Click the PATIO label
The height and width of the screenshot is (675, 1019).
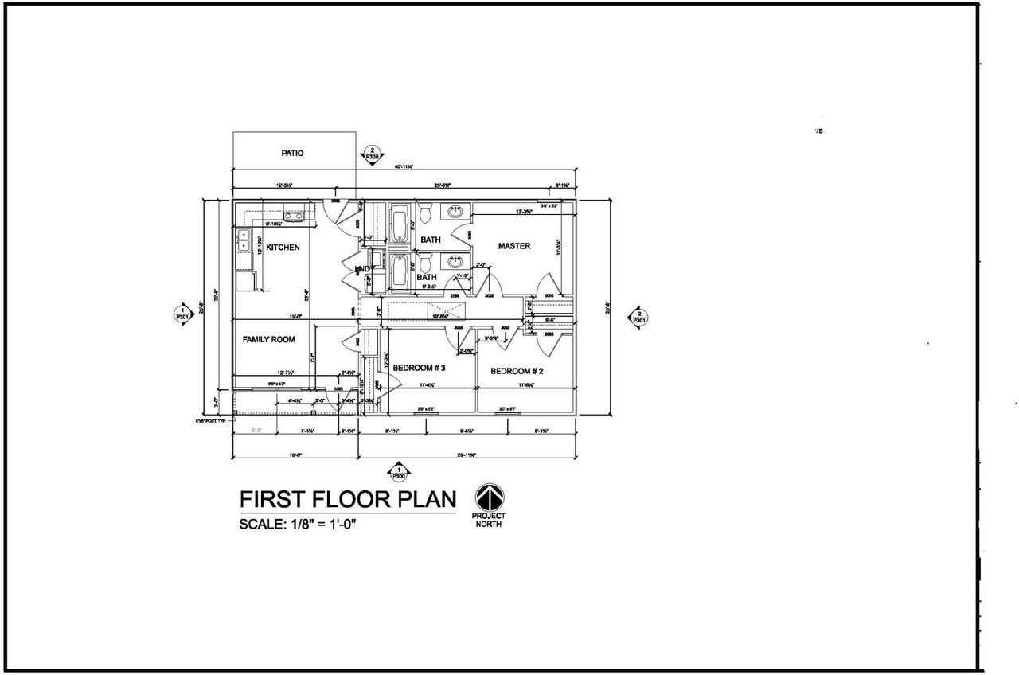click(x=292, y=153)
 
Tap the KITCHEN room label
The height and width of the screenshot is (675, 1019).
click(x=283, y=248)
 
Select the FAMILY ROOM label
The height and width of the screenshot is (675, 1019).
click(x=268, y=339)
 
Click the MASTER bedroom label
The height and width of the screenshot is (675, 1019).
click(x=514, y=246)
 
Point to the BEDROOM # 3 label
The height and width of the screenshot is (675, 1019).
click(x=419, y=368)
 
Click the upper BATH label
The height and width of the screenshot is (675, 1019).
click(x=431, y=240)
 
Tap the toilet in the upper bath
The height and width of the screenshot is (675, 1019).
click(x=425, y=213)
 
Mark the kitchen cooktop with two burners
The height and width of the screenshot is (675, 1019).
click(x=294, y=216)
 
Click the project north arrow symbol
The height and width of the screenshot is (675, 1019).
click(x=490, y=497)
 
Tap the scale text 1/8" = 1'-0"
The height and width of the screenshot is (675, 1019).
click(x=327, y=525)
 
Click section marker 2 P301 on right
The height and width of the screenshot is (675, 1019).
click(x=638, y=317)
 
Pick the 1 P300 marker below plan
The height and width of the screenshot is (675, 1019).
click(x=398, y=472)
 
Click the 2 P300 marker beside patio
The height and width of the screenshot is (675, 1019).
click(x=371, y=154)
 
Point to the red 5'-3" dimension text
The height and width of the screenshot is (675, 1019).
click(x=256, y=431)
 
